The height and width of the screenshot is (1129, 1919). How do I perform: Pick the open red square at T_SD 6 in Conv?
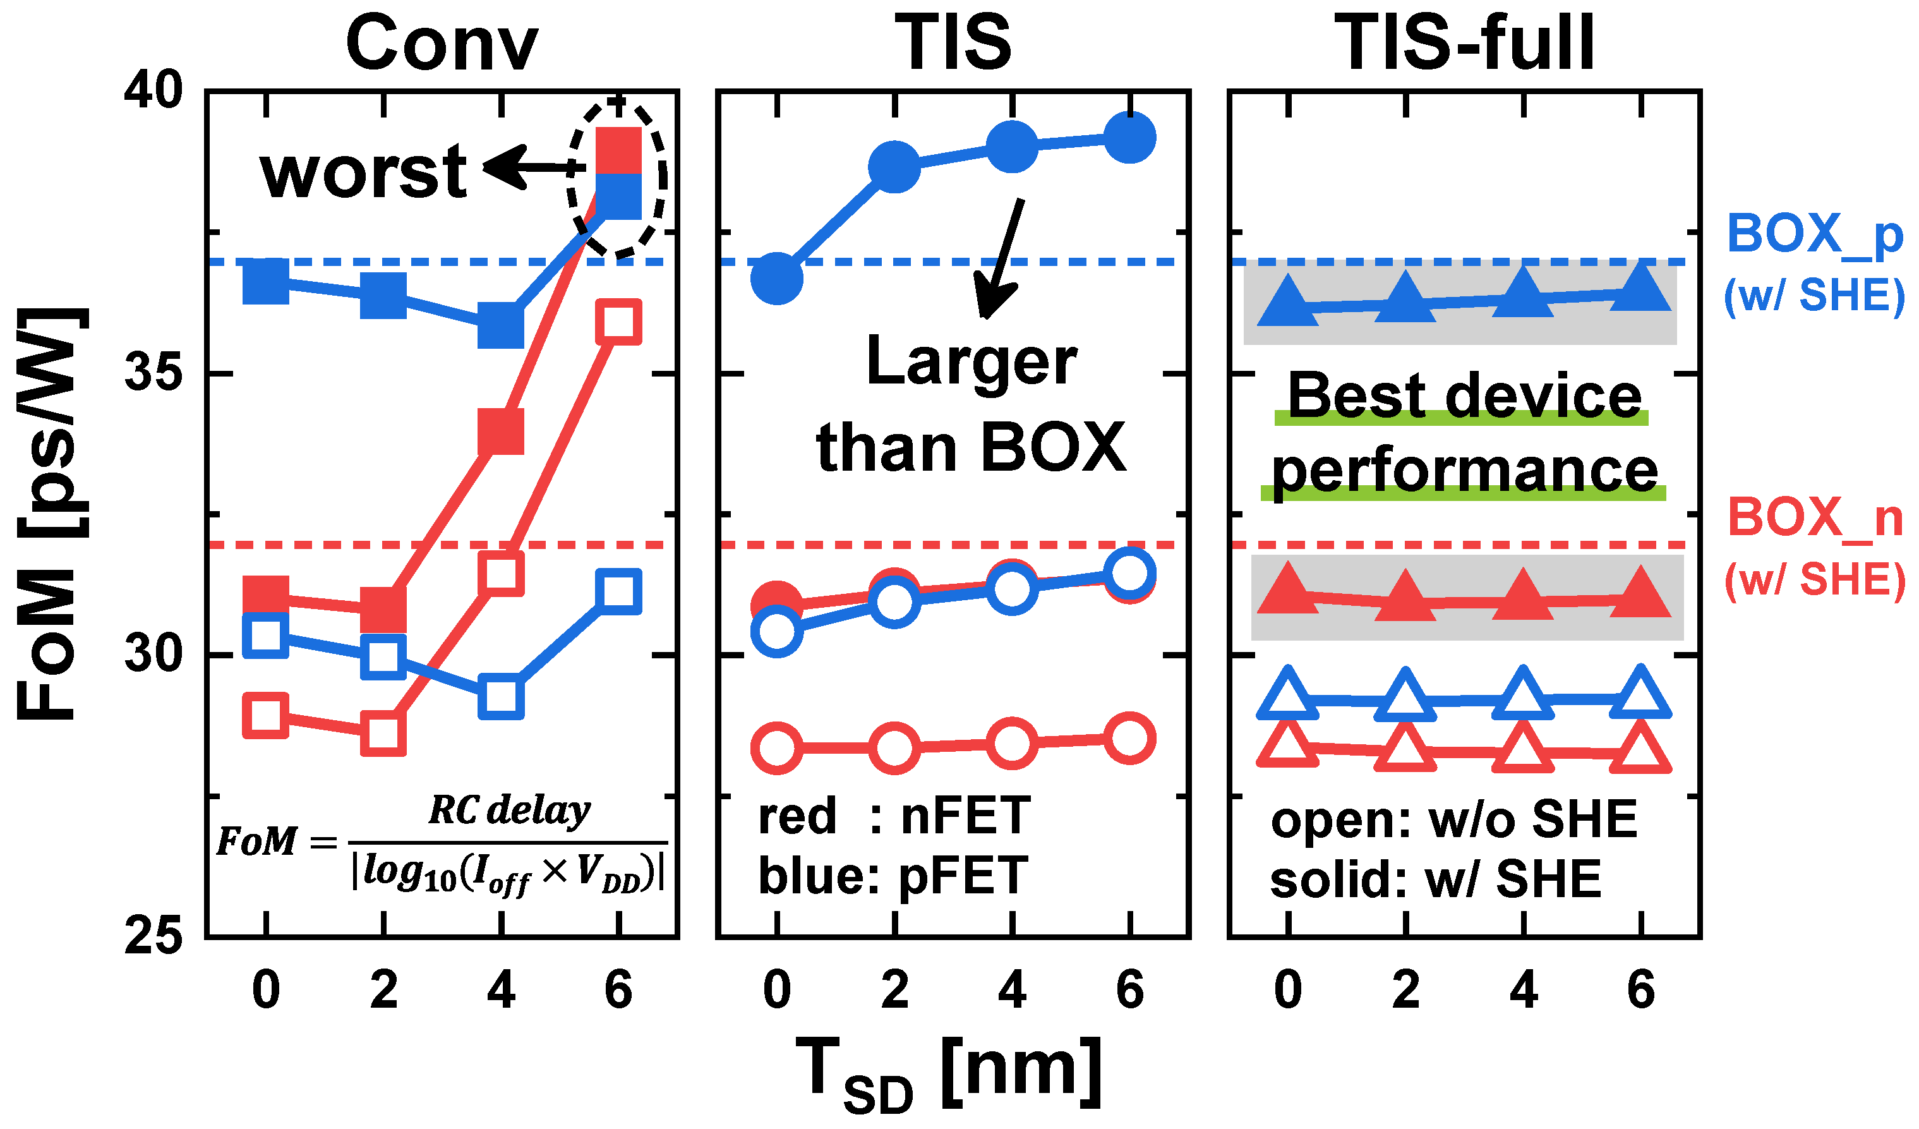coord(618,322)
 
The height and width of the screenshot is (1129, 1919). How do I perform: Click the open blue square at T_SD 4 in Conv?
coord(501,696)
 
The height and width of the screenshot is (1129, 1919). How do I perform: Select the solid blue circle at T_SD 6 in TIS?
coord(1130,138)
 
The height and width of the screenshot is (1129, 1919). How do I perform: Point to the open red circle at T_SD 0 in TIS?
coord(777,749)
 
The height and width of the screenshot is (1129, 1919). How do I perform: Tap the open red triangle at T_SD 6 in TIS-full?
coord(1641,749)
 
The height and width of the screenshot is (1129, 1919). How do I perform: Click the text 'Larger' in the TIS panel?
coord(972,362)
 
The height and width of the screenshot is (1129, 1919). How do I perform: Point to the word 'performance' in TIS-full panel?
coord(1464,471)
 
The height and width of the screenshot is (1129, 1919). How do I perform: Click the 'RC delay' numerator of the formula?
coord(508,810)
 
